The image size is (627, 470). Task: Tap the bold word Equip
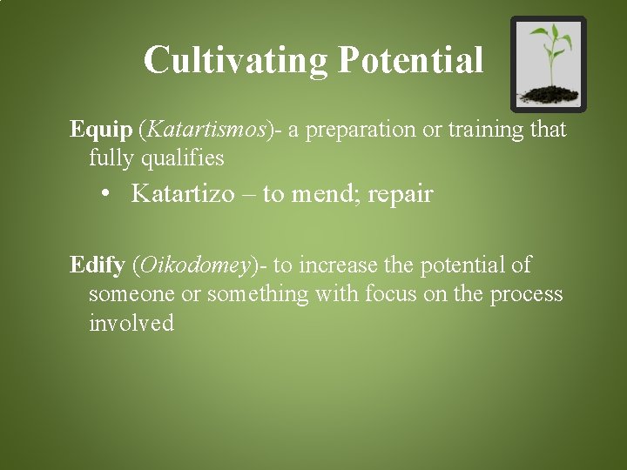[x=101, y=131]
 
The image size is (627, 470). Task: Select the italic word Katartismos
[x=206, y=131]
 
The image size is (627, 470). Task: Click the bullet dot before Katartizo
[x=108, y=193]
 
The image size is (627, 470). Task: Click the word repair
[x=401, y=193]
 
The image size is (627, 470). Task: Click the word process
[x=526, y=294]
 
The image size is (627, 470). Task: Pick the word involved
[x=131, y=324]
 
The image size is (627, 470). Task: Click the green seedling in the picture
[x=549, y=52]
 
